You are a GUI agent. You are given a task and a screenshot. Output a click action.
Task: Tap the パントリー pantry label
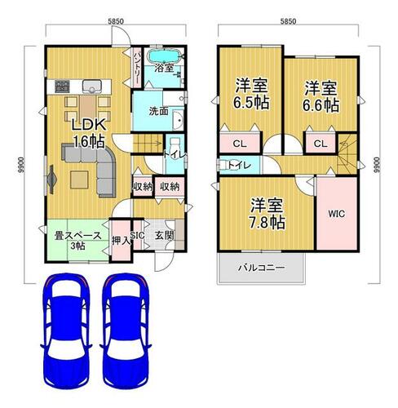(138, 68)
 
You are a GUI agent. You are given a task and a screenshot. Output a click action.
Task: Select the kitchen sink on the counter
(92, 86)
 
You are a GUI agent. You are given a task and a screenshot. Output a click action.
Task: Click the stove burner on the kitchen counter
(62, 86)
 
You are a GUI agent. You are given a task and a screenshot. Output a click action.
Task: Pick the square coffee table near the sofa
(79, 180)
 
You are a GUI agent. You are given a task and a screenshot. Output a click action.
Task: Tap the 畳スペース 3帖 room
(78, 241)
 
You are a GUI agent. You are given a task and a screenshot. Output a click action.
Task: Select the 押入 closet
(121, 240)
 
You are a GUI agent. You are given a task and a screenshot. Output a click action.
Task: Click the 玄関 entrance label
(165, 235)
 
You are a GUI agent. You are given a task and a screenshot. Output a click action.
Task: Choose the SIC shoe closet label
(137, 235)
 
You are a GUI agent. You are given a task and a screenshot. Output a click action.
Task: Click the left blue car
(67, 331)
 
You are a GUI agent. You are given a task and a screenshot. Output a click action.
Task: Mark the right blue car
(126, 331)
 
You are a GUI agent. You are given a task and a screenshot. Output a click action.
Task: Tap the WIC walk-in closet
(337, 214)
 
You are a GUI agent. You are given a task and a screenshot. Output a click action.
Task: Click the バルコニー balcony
(262, 268)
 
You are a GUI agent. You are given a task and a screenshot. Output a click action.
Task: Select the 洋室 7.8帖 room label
(268, 214)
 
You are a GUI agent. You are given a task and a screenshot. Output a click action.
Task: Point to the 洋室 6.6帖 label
(321, 96)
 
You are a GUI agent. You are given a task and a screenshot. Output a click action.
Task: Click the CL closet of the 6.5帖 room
(240, 143)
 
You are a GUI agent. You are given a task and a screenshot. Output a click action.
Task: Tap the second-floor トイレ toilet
(239, 165)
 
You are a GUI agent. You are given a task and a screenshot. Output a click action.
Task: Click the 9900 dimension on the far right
(376, 165)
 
